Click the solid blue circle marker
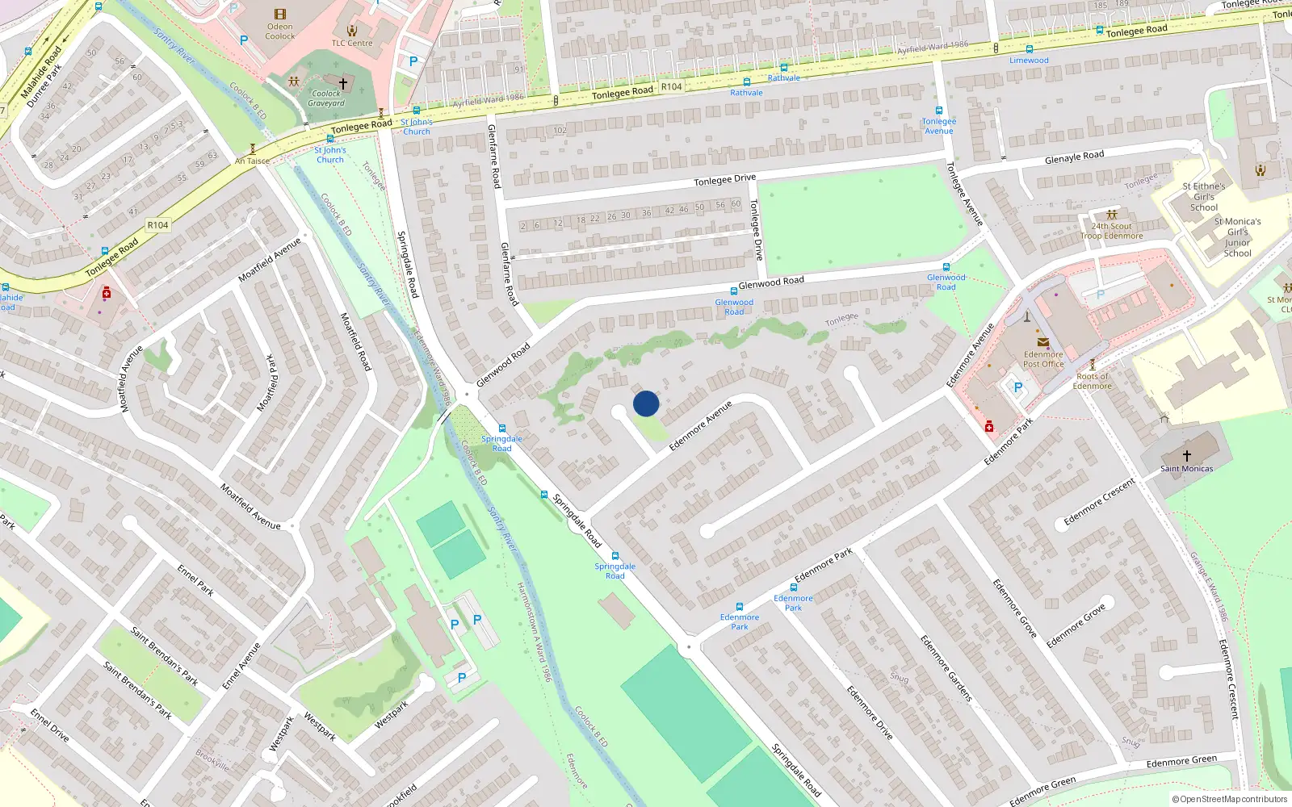(646, 403)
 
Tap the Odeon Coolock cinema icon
(280, 15)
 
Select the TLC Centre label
(352, 44)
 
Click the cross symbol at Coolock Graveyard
(343, 84)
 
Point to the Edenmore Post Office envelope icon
(1042, 343)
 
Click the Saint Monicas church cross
(1187, 456)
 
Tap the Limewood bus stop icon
(1030, 49)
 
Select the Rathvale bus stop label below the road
(746, 93)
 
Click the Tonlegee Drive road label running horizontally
(724, 179)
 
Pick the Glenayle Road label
(1074, 157)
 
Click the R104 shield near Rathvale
(671, 86)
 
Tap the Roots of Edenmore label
(1093, 381)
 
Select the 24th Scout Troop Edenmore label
(1112, 231)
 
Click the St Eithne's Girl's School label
(1204, 196)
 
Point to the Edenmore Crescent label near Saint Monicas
(1099, 501)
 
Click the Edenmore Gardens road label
(946, 668)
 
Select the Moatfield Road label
(356, 341)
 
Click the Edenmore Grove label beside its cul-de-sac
(1076, 625)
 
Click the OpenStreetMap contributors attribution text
(1230, 799)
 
